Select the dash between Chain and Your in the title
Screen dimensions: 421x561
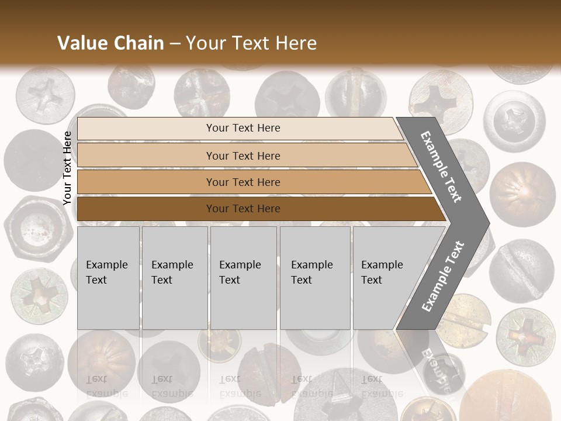[x=175, y=44]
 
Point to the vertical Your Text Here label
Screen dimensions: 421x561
[x=67, y=168]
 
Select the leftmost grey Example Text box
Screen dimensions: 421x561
[x=108, y=278]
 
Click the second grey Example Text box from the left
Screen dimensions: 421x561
[x=175, y=278]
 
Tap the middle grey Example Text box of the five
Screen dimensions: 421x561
[x=243, y=278]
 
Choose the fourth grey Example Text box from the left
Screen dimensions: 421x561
[x=315, y=278]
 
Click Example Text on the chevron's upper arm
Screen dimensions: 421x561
[x=441, y=167]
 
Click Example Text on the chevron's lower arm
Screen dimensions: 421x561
[x=443, y=276]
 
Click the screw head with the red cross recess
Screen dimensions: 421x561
[x=525, y=334]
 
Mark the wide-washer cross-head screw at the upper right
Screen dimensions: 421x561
[x=514, y=120]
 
